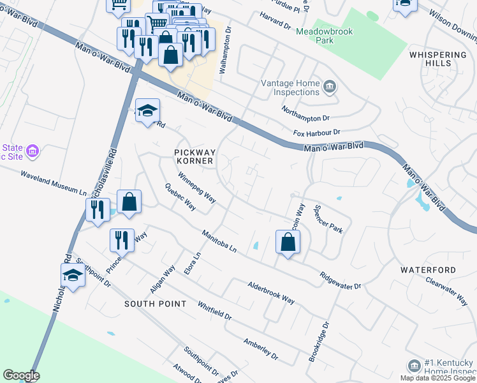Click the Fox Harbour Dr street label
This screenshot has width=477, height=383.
[x=317, y=133]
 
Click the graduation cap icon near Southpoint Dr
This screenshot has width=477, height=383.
[x=73, y=276]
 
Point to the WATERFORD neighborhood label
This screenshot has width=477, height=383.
[x=428, y=270]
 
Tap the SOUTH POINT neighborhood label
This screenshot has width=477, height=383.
[x=156, y=304]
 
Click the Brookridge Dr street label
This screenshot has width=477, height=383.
[x=319, y=342]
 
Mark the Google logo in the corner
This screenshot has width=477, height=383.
[x=20, y=375]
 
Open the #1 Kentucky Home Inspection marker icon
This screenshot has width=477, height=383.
[x=413, y=364]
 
